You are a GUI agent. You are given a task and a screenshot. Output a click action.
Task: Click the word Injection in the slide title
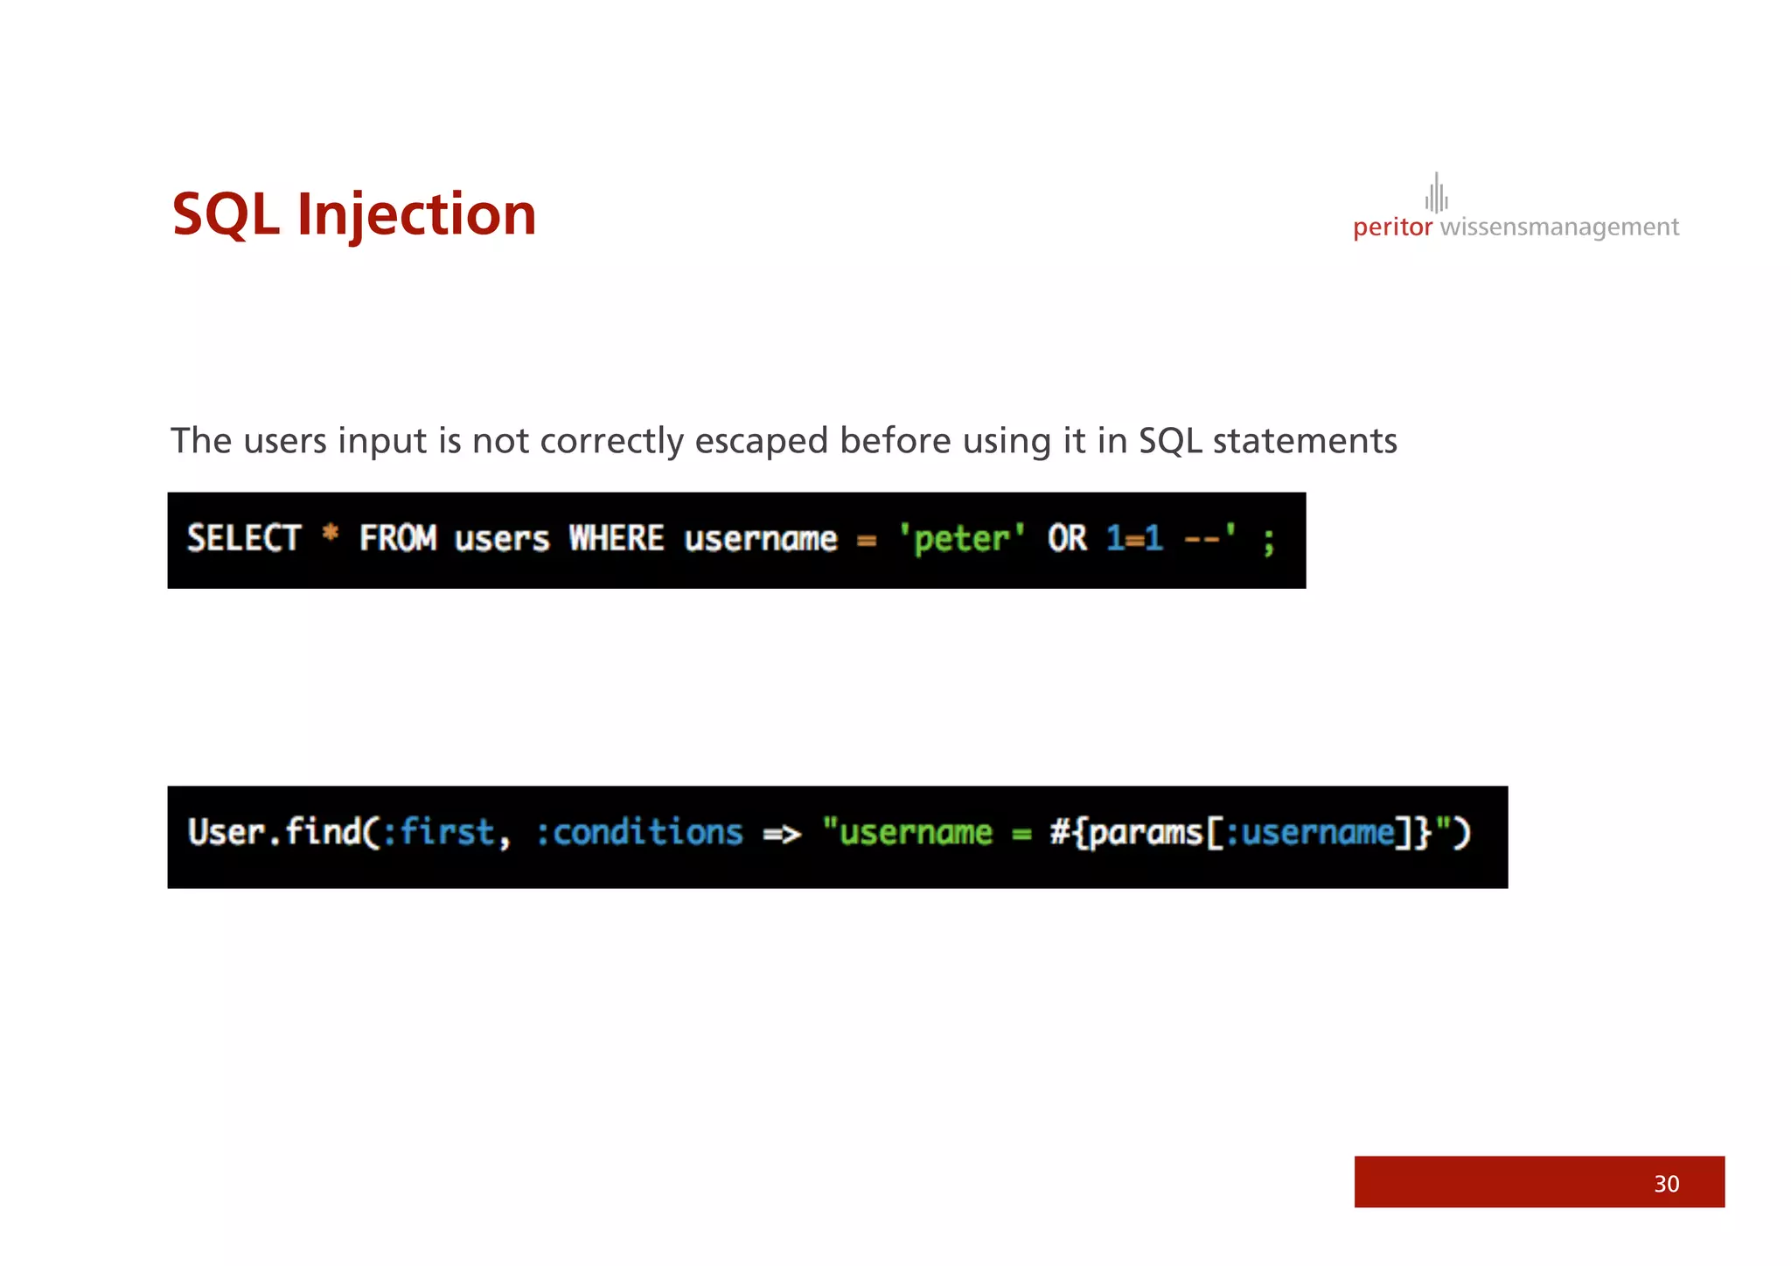[x=416, y=214]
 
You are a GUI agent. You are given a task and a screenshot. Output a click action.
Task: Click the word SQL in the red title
[x=226, y=214]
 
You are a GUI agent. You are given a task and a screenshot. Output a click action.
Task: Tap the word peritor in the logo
[x=1392, y=227]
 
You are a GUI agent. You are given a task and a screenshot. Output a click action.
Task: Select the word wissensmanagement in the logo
[x=1559, y=227]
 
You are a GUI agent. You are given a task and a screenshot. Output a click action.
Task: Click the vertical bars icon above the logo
[x=1436, y=193]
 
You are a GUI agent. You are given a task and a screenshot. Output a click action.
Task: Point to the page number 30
[x=1666, y=1184]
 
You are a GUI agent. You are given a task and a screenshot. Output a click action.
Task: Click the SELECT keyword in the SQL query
[x=244, y=538]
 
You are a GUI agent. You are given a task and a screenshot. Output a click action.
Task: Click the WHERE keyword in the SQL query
[x=617, y=538]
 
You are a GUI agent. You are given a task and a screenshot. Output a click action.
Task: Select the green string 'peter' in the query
[x=961, y=538]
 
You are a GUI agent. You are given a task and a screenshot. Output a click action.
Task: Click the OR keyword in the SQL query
[x=1067, y=538]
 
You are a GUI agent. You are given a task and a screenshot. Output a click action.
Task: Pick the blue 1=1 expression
[x=1134, y=538]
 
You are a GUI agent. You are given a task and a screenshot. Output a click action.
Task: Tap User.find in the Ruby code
[x=274, y=832]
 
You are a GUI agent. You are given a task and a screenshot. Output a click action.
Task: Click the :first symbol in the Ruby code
[x=439, y=832]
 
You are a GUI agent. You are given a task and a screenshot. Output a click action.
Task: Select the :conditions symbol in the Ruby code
[x=639, y=832]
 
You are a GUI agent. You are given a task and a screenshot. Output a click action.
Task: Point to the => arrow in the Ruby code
[x=782, y=834]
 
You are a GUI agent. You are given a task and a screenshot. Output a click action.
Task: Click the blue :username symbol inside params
[x=1309, y=832]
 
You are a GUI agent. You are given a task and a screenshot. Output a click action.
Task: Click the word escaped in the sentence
[x=761, y=441]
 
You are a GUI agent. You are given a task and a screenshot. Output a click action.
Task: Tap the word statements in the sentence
[x=1305, y=441]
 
